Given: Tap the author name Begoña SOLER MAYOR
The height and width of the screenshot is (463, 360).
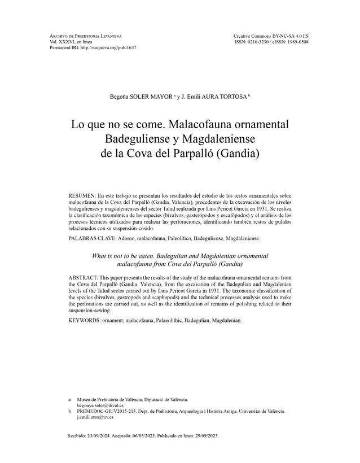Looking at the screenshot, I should click(141, 97).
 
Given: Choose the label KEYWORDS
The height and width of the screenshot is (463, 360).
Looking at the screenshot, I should click(84, 321).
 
